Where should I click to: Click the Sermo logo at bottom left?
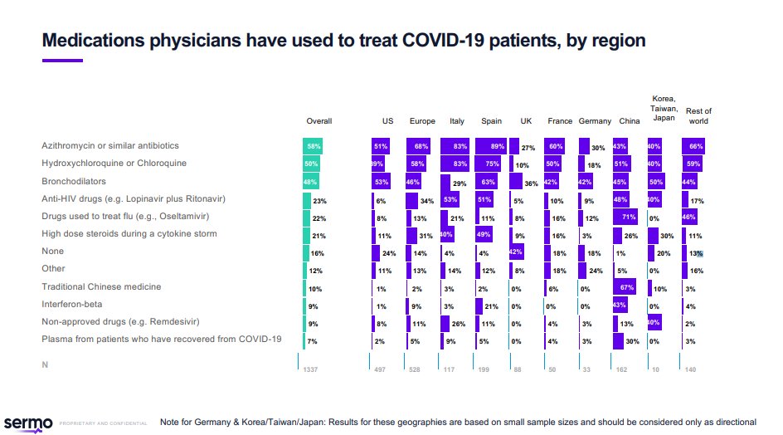coord(28,422)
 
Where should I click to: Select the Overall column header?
coord(319,121)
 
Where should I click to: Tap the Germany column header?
coord(595,121)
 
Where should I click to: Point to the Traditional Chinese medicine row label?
coord(101,286)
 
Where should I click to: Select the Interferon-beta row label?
coord(72,304)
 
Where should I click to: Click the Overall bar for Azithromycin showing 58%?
coord(313,146)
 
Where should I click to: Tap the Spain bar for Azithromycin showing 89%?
coord(493,146)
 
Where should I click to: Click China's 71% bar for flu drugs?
coord(625,217)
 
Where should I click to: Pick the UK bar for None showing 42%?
coord(515,252)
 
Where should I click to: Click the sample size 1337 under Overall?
coord(311,369)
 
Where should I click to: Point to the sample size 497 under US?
coord(382,369)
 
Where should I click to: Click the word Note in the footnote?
coord(170,422)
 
